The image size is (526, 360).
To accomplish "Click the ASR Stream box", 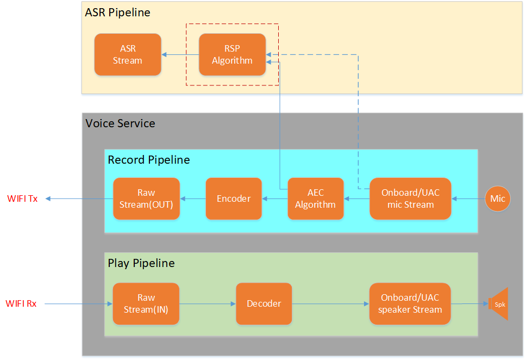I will pos(128,54).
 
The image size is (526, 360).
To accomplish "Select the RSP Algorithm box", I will pos(232,54).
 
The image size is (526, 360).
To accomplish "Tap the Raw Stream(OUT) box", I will pos(146,198).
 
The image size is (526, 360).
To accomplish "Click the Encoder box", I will pos(234,198).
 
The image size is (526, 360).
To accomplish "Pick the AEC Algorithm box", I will pos(315,198).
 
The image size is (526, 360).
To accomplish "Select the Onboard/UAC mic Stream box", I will pos(410,198).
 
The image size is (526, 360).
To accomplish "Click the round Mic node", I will pos(498,198).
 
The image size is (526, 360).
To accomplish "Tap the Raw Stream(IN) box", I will pos(146,303).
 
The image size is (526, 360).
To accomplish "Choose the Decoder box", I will pos(264,303).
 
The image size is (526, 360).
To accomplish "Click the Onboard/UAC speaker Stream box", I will pos(410,303).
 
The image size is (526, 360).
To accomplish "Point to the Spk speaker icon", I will pos(499,304).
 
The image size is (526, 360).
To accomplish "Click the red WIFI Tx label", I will pos(22,198).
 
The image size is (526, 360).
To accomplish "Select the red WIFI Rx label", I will pos(21,303).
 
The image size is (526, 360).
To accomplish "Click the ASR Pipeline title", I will pos(117,12).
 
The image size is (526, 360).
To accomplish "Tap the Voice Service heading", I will pos(120,123).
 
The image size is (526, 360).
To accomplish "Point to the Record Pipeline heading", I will pos(149,160).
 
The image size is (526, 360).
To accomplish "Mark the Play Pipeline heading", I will pos(141,263).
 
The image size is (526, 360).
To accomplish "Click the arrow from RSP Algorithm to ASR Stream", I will pos(180,54).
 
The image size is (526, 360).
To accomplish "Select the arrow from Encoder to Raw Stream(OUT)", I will pos(193,198).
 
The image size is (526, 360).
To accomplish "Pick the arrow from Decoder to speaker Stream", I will pos(330,303).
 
